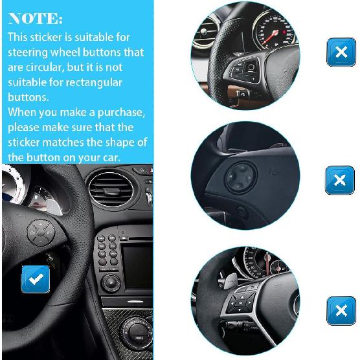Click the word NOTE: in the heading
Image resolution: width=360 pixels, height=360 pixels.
pos(36,18)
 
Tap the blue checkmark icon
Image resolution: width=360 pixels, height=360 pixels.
pos(36,280)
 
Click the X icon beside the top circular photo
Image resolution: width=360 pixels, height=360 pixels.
pos(341,52)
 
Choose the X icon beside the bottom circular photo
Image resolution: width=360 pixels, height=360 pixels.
pos(341,311)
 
